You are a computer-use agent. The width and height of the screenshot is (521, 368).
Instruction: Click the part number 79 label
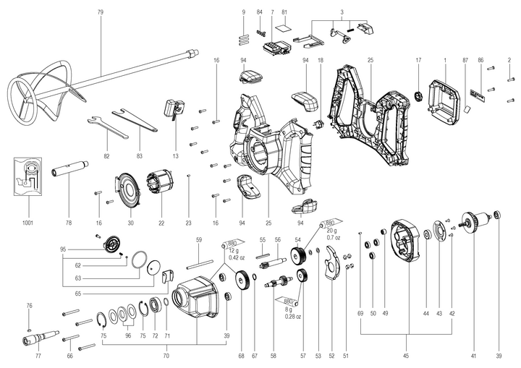pyautogui.click(x=101, y=12)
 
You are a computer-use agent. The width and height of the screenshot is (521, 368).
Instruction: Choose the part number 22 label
pyautogui.click(x=161, y=223)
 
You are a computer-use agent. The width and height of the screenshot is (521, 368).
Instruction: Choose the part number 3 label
pyautogui.click(x=342, y=12)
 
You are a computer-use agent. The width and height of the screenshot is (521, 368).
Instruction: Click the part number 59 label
pyautogui.click(x=199, y=239)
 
